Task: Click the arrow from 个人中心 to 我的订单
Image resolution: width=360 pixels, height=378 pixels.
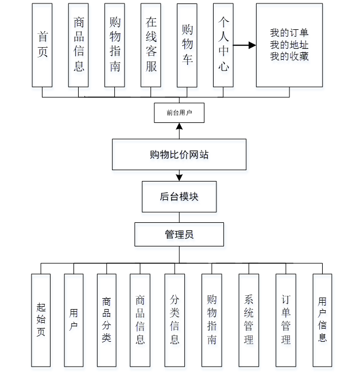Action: (x=245, y=45)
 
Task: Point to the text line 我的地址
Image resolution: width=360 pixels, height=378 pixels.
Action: (x=289, y=45)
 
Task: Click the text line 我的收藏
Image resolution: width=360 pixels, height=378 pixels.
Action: (x=289, y=56)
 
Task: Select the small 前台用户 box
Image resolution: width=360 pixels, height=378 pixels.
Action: (x=179, y=113)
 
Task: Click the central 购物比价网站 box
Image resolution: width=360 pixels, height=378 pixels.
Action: (x=179, y=155)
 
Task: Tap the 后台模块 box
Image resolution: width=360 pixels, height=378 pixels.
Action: (x=179, y=196)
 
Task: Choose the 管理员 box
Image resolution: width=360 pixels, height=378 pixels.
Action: (x=179, y=234)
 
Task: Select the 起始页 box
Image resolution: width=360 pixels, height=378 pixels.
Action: (x=41, y=320)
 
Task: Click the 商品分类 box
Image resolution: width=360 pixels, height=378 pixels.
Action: (x=107, y=320)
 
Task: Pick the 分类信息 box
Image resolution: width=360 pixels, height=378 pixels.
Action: (x=175, y=320)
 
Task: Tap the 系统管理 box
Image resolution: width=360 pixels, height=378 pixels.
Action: (x=249, y=320)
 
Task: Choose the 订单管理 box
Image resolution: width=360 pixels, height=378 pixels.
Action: (x=286, y=320)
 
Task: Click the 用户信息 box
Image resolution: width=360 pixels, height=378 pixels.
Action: (x=323, y=320)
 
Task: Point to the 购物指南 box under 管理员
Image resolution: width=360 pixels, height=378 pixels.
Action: (x=212, y=320)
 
